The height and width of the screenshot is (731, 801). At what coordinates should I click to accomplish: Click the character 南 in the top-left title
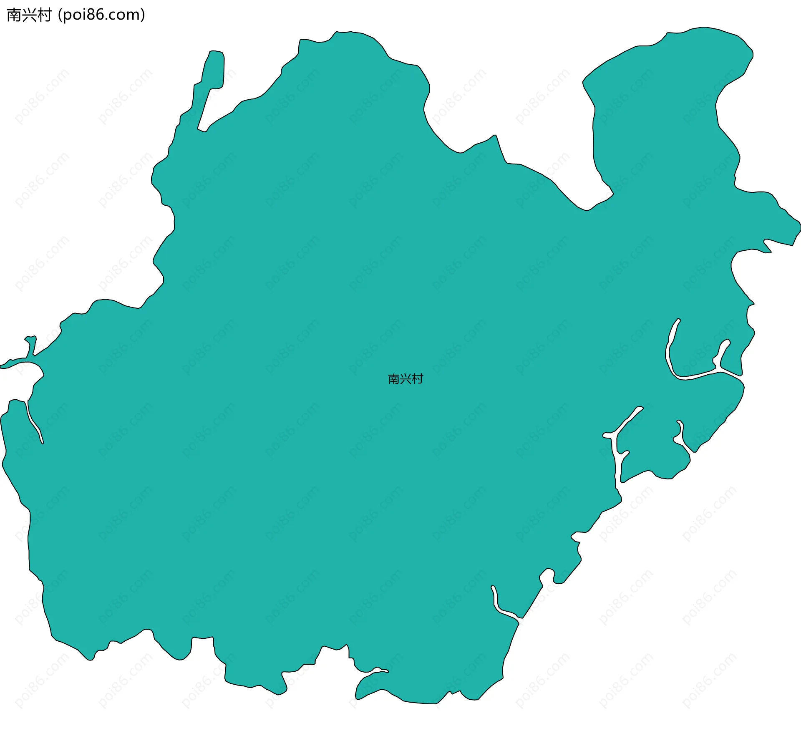point(14,15)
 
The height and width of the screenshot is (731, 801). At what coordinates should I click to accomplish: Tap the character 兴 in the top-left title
point(29,15)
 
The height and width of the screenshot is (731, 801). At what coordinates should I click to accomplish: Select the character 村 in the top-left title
point(44,15)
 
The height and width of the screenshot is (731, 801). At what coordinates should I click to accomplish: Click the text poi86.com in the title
point(101,15)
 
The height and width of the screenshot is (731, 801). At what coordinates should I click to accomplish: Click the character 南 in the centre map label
point(394,379)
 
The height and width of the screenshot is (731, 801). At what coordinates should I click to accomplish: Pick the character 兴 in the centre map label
point(406,379)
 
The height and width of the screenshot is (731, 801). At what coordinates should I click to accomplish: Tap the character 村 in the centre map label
point(418,379)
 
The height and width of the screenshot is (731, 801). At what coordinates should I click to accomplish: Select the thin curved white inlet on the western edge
point(33,421)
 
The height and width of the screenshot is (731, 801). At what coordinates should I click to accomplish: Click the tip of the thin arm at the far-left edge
point(3,366)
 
